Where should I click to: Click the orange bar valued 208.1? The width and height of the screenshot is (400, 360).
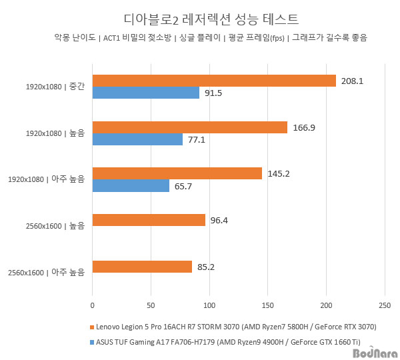pos(213,81)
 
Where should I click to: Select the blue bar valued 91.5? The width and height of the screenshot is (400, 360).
pos(145,93)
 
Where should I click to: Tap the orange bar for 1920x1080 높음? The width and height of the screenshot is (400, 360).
pos(189,127)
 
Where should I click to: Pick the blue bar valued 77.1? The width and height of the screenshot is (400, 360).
pos(137,139)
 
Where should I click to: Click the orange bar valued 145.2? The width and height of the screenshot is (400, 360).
pos(177,173)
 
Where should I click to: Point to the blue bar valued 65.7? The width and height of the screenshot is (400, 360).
pos(131,186)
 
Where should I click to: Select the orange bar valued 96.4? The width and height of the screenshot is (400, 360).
pos(149,220)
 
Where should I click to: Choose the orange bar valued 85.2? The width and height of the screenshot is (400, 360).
pos(142,267)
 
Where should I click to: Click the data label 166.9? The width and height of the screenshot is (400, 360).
pos(305,127)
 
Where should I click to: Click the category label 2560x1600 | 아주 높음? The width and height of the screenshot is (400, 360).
pos(47,273)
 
